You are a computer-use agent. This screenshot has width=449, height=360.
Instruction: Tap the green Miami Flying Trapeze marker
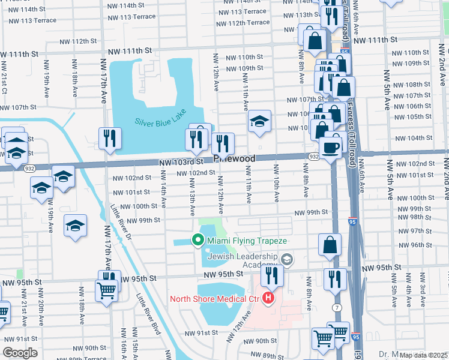click(x=197, y=241)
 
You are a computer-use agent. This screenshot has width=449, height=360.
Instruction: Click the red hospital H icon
click(x=269, y=298)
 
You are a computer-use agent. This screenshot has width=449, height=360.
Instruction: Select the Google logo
click(x=20, y=352)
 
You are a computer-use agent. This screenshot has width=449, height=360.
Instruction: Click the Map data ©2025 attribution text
click(x=423, y=355)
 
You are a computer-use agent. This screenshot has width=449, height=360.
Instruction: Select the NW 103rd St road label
click(x=178, y=163)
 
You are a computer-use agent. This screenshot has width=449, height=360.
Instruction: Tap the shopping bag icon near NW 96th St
click(x=330, y=245)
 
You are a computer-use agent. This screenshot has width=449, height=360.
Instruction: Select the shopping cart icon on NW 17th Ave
click(x=106, y=290)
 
